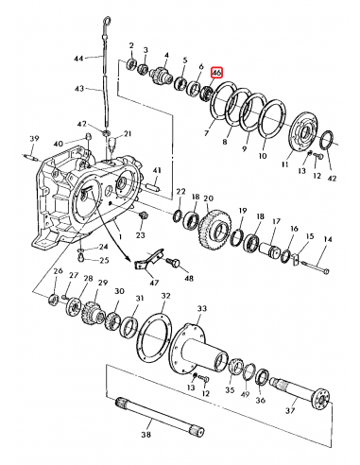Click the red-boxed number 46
217,72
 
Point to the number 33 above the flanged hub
200,309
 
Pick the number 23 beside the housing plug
145,233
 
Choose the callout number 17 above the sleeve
277,224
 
